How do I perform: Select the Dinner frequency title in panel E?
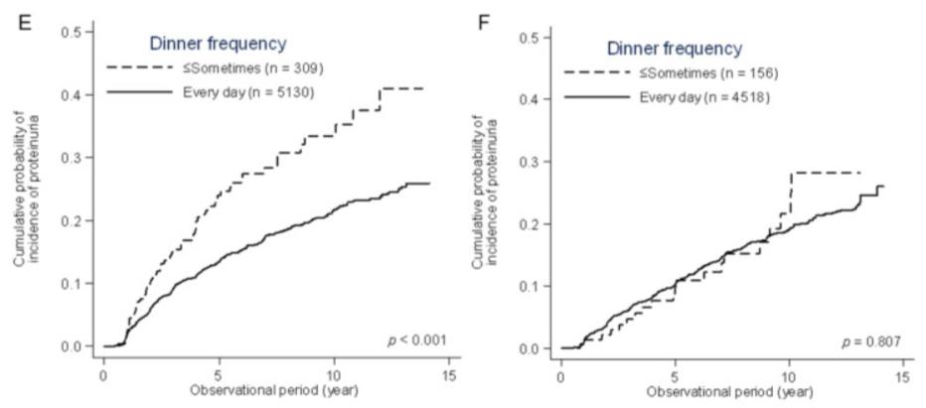pyautogui.click(x=218, y=43)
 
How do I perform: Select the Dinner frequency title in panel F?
pyautogui.click(x=675, y=47)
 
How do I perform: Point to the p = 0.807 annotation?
pyautogui.click(x=873, y=342)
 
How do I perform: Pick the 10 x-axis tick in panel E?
pyautogui.click(x=334, y=364)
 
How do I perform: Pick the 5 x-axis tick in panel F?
pyautogui.click(x=676, y=366)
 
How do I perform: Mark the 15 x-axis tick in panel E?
pyautogui.click(x=449, y=364)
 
